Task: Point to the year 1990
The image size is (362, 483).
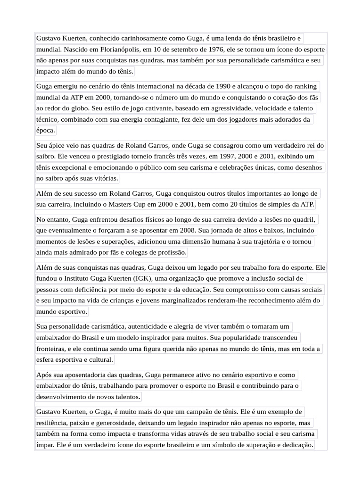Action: point(223,86)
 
